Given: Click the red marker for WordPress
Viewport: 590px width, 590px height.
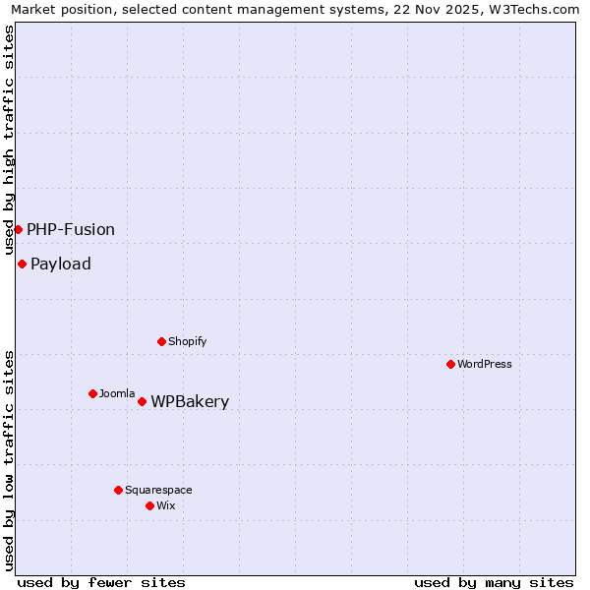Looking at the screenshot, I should [450, 364].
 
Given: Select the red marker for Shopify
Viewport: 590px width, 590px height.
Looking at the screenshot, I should [161, 341].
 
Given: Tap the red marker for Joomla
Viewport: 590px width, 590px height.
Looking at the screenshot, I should [92, 393].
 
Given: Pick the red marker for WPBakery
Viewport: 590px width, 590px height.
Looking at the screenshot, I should [142, 401].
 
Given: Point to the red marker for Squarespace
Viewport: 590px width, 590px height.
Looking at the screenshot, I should [118, 490].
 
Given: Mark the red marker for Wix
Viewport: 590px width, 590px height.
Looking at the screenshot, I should [149, 505].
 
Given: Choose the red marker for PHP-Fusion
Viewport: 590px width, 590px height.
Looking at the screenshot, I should [18, 229].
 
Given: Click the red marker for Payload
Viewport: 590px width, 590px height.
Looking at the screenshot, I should [22, 264].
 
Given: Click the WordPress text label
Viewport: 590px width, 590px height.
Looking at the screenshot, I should [485, 364].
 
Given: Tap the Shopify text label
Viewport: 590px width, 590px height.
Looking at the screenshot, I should [188, 341].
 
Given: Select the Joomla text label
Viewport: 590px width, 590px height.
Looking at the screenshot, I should [117, 393].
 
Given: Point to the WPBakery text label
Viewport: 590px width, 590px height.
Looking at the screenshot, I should [190, 401].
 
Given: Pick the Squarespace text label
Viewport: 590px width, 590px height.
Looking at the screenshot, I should [158, 490].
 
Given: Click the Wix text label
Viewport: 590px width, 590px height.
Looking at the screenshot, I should [166, 505].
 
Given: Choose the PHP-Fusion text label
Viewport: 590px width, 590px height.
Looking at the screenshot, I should [71, 229].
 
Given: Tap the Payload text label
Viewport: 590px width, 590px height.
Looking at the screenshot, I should [61, 264].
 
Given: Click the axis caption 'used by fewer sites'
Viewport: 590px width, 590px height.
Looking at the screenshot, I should [101, 582].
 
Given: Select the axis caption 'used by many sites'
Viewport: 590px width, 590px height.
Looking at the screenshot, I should [494, 582].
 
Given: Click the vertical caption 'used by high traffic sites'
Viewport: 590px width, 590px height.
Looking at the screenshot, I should [10, 140].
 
